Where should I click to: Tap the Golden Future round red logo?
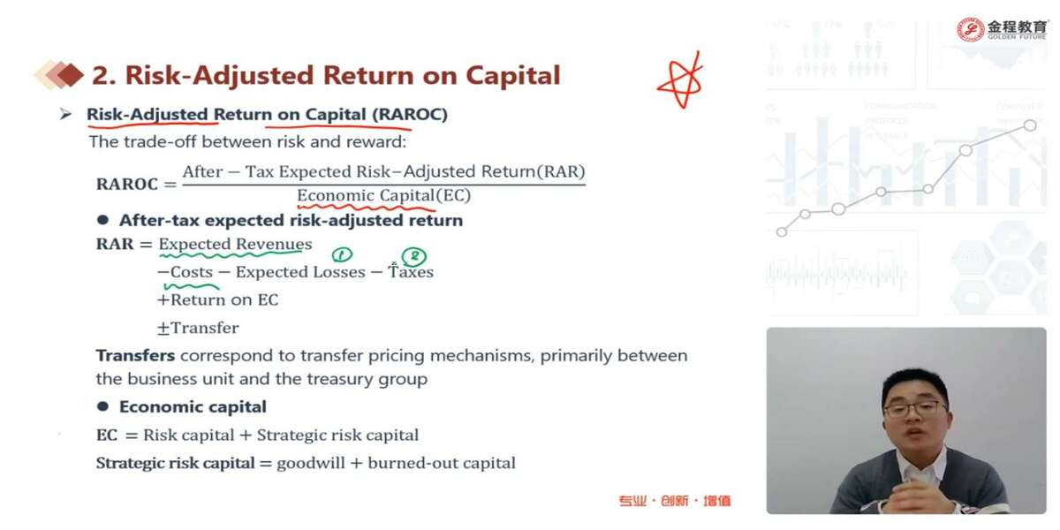point(971,30)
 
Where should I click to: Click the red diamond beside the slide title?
point(70,75)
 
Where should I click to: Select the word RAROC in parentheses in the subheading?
point(410,114)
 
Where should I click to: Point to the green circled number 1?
point(342,254)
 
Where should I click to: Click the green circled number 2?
point(414,256)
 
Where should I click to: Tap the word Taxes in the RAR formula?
point(411,272)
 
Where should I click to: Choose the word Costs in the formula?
point(192,272)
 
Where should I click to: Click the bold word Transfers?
point(135,355)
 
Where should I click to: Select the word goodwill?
point(311,463)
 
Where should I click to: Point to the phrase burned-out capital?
point(442,463)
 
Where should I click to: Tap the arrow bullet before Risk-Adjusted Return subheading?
point(65,114)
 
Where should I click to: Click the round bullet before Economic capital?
point(102,406)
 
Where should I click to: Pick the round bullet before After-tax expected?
point(102,220)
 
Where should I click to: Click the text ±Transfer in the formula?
point(198,328)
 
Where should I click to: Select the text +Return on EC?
point(218,300)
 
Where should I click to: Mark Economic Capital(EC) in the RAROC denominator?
point(383,195)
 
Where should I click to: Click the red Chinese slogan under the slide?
point(675,501)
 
